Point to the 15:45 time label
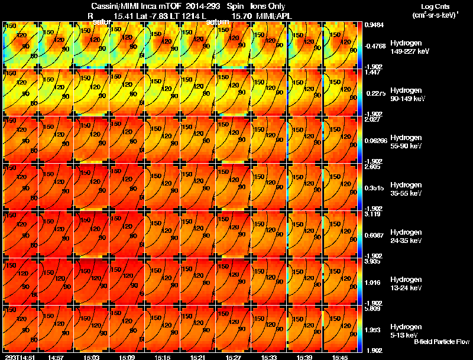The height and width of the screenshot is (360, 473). (x=340, y=357)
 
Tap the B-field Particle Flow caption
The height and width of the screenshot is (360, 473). (x=441, y=342)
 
